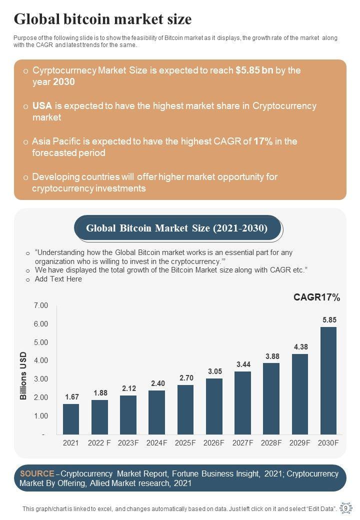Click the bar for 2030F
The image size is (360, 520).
click(328, 380)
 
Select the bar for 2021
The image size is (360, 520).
click(71, 419)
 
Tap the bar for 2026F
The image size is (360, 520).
click(214, 406)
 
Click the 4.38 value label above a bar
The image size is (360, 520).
click(300, 346)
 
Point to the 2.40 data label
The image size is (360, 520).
click(157, 383)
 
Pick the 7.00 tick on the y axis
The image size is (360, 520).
click(41, 305)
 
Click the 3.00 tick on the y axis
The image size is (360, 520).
click(41, 379)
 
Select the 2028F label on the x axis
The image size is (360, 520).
click(271, 442)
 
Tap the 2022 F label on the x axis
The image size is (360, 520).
click(100, 442)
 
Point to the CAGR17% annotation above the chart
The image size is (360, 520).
click(316, 298)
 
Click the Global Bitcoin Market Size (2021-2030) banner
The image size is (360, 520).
click(177, 228)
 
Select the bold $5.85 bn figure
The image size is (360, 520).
click(254, 70)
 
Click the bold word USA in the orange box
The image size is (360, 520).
click(42, 106)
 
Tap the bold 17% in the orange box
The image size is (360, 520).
click(263, 141)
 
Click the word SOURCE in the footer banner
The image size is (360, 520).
click(36, 473)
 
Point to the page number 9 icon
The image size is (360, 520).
click(345, 508)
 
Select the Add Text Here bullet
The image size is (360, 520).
click(58, 279)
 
